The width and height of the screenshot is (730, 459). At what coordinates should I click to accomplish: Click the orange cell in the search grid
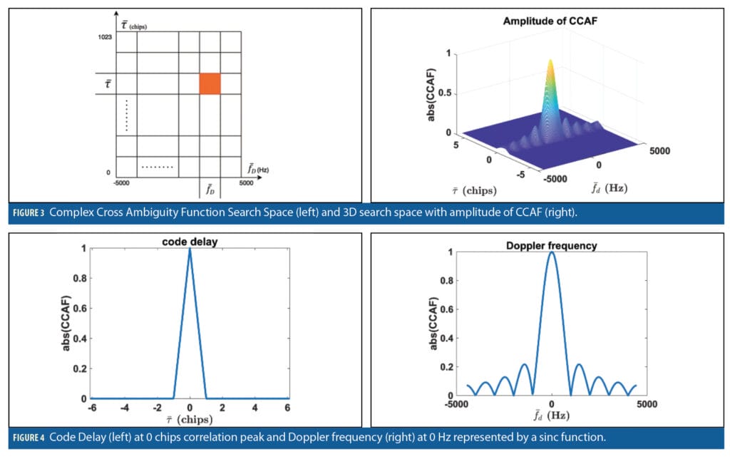click(x=210, y=83)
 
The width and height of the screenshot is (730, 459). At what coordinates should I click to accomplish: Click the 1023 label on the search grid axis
click(x=105, y=36)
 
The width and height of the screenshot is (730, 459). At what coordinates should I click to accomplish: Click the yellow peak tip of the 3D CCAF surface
click(x=550, y=63)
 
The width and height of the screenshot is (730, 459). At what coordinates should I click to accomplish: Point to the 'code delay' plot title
click(x=190, y=242)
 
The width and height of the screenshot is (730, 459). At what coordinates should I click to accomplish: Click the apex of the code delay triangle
click(x=190, y=249)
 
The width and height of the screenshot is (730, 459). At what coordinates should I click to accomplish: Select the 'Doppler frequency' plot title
click(x=552, y=246)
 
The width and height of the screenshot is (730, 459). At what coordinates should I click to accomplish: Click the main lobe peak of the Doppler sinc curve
click(x=552, y=252)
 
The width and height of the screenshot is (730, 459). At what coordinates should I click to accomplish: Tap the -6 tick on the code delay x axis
click(x=91, y=408)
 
